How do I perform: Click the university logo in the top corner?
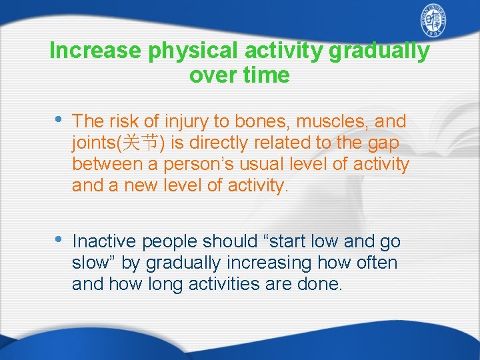(433, 23)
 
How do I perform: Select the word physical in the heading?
(195, 51)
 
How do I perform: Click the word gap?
(383, 143)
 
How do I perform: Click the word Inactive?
(104, 241)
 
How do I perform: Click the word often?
(377, 263)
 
